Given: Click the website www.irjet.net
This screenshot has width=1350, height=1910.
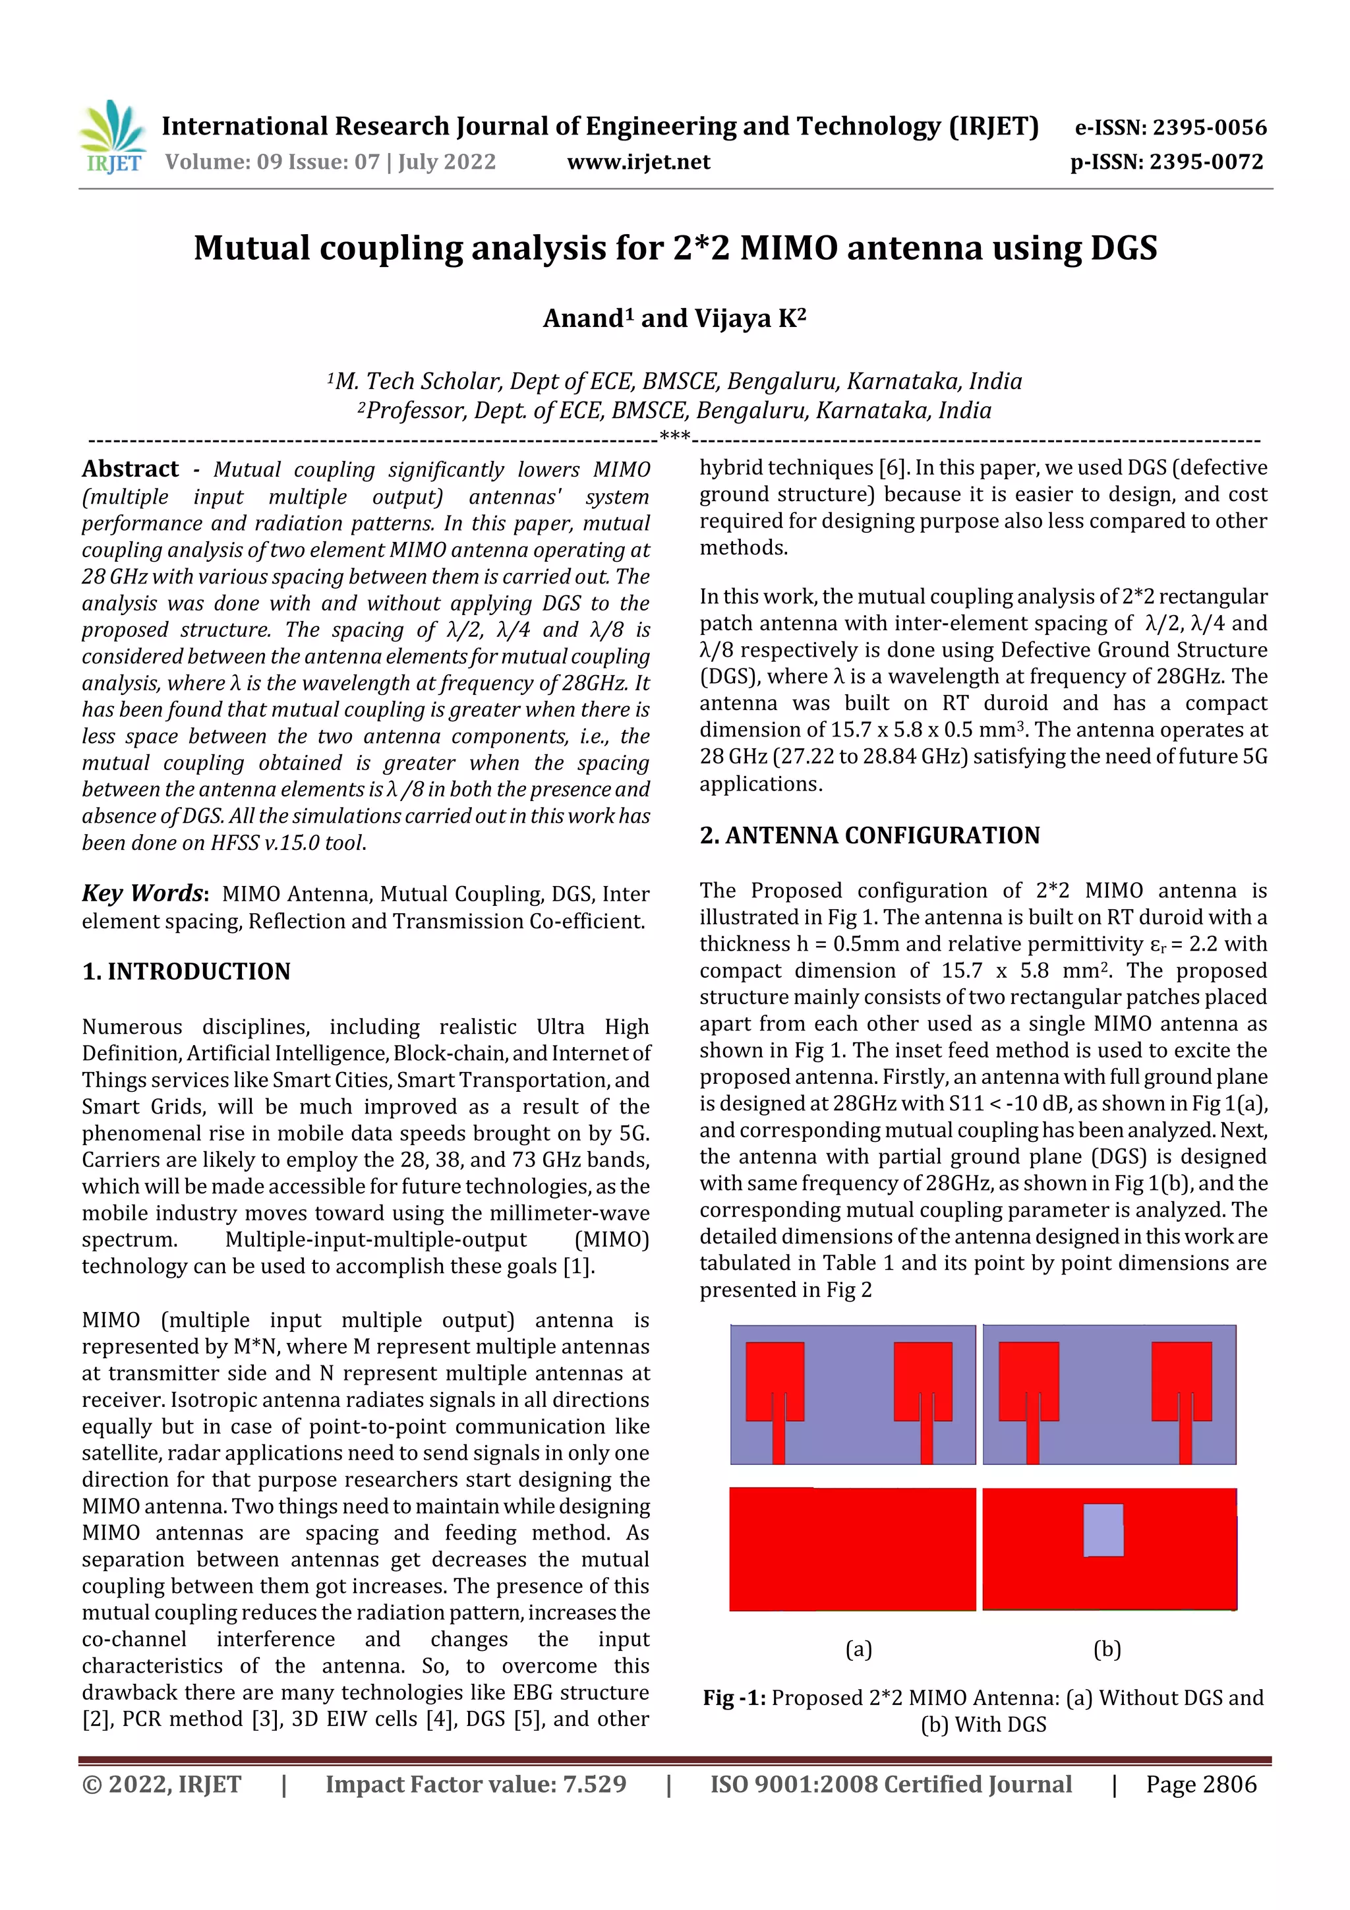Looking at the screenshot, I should click(x=638, y=162).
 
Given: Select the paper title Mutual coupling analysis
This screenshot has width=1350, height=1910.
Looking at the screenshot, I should click(x=674, y=248).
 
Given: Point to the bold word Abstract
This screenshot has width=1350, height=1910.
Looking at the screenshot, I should click(x=130, y=469).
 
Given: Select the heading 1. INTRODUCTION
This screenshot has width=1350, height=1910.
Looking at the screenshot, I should click(x=187, y=972).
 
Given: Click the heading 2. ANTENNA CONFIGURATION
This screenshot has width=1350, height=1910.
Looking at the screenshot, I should click(x=869, y=835).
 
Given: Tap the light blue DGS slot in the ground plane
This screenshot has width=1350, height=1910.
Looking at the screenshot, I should click(x=1103, y=1530).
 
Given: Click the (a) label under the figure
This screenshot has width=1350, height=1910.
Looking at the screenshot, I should click(x=858, y=1649).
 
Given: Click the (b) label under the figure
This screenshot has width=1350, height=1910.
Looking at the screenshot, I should click(x=1107, y=1649).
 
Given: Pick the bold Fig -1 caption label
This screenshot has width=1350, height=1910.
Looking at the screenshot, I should click(x=734, y=1698).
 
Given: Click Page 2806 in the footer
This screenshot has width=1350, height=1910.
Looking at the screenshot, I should click(x=1200, y=1784).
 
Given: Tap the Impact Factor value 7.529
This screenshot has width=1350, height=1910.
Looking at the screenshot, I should click(x=594, y=1784).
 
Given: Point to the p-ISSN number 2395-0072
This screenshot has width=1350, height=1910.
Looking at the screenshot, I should click(x=1206, y=162).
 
